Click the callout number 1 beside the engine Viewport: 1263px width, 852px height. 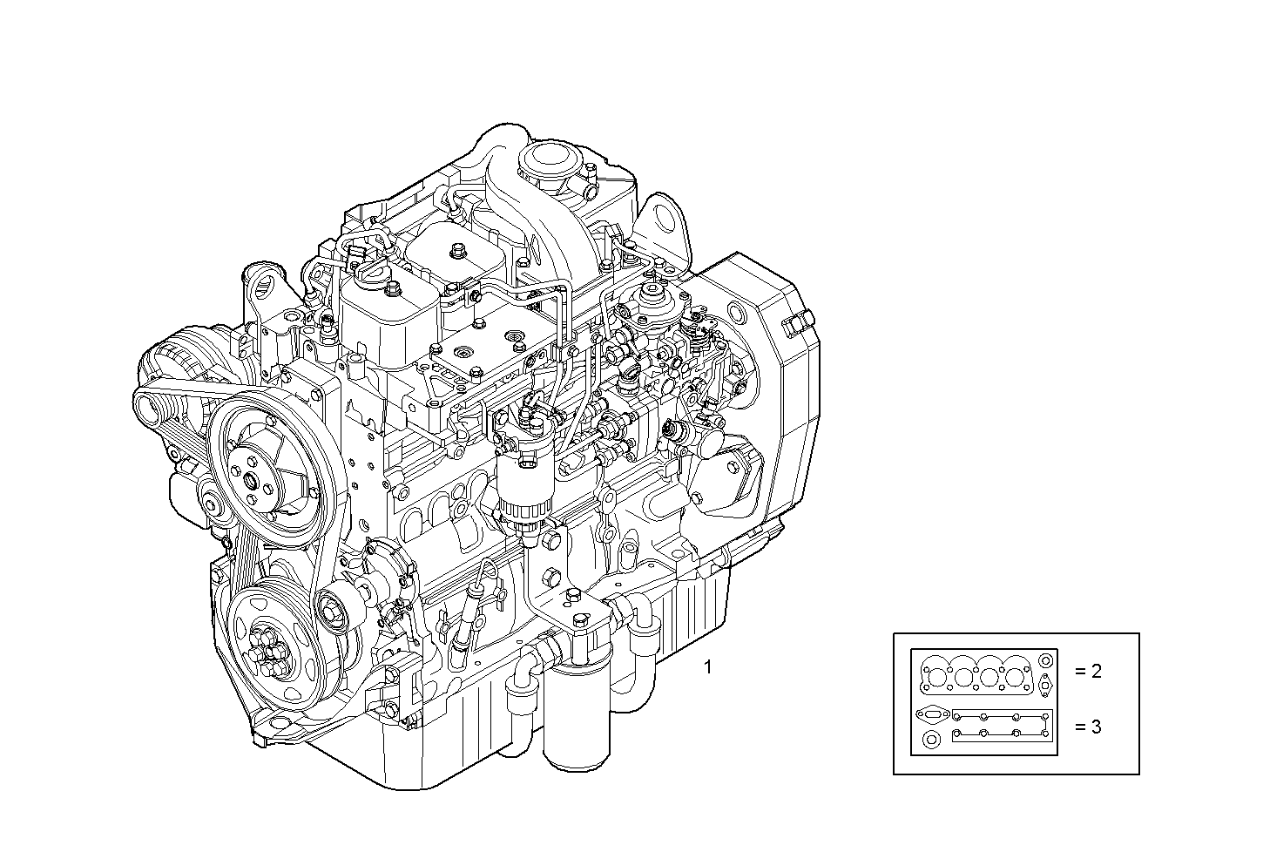pyautogui.click(x=708, y=667)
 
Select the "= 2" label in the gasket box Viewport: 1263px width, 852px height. pyautogui.click(x=1088, y=671)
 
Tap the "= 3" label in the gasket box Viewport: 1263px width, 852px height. pyautogui.click(x=1088, y=727)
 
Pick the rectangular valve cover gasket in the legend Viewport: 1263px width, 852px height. pyautogui.click(x=1001, y=726)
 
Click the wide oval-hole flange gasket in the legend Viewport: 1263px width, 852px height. pyautogui.click(x=931, y=714)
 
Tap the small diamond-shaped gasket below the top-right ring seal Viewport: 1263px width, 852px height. pyautogui.click(x=1043, y=685)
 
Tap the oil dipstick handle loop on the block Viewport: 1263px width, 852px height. pyautogui.click(x=488, y=575)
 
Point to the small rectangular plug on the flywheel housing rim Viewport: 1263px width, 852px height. pyautogui.click(x=794, y=327)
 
